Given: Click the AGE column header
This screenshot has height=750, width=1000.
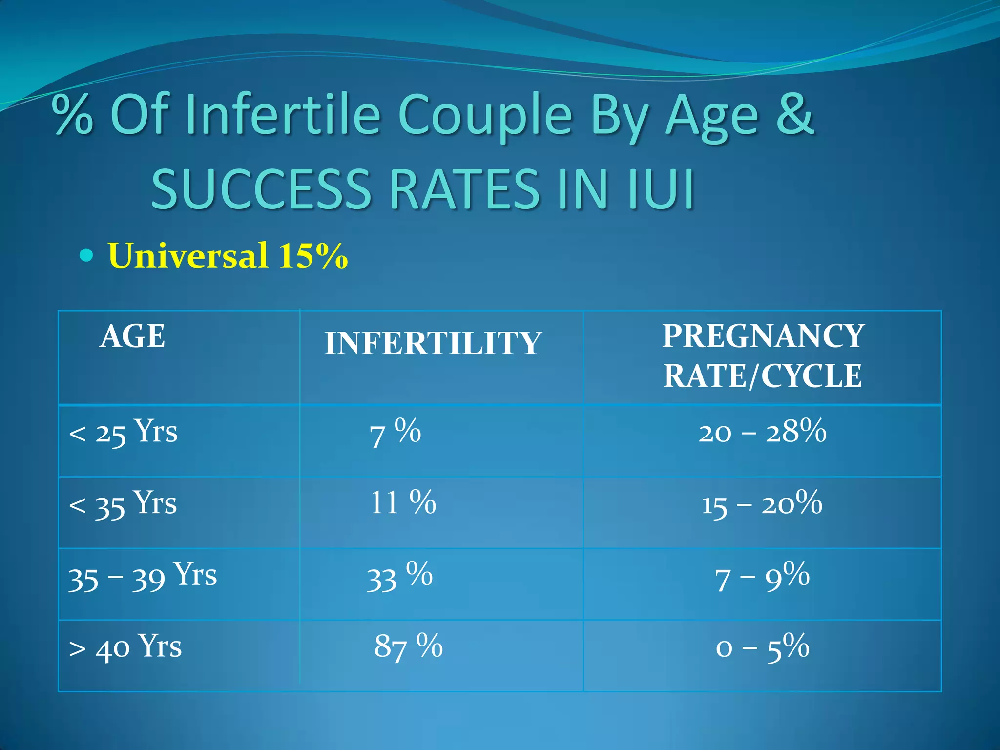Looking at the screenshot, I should pyautogui.click(x=132, y=336).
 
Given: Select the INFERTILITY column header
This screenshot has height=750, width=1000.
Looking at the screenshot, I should pyautogui.click(x=433, y=343).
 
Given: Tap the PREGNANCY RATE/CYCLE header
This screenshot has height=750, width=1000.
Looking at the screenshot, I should pyautogui.click(x=762, y=355).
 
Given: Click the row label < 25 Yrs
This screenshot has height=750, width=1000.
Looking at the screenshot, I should pyautogui.click(x=123, y=432).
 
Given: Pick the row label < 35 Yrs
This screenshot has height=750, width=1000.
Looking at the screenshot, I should pyautogui.click(x=123, y=504).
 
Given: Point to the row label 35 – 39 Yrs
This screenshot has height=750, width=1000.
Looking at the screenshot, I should pyautogui.click(x=142, y=576).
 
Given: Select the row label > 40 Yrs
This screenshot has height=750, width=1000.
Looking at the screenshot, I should pyautogui.click(x=125, y=647).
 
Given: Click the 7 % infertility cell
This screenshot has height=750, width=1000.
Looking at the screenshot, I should pyautogui.click(x=395, y=433).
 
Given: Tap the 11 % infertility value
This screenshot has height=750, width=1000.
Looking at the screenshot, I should pyautogui.click(x=403, y=503).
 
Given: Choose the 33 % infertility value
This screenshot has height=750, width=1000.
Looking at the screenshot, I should pyautogui.click(x=399, y=576).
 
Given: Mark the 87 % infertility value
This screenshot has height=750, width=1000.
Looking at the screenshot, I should pyautogui.click(x=408, y=646).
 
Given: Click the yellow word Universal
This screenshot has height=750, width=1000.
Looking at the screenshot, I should pyautogui.click(x=188, y=255).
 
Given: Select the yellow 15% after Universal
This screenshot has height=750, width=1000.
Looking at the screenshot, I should pyautogui.click(x=313, y=255).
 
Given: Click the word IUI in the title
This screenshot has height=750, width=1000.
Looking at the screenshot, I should pyautogui.click(x=661, y=189).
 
